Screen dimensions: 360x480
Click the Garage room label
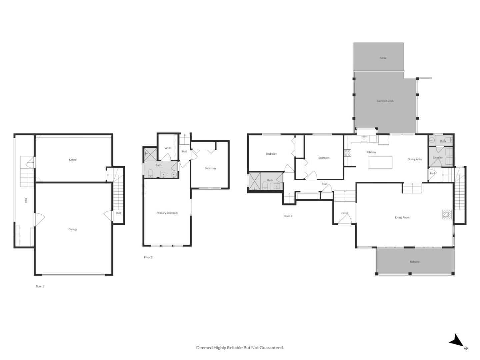tap(73, 229)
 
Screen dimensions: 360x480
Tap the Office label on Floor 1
tap(73, 160)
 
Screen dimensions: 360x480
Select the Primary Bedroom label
tap(167, 213)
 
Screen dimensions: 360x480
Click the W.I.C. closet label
tap(168, 148)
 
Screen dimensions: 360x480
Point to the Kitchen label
tap(371, 152)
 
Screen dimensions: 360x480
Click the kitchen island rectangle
tap(380, 162)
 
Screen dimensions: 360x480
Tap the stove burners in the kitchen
tap(348, 153)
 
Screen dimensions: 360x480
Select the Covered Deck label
tap(385, 101)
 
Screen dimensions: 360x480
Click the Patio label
tap(382, 58)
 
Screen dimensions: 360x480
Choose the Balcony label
tap(415, 262)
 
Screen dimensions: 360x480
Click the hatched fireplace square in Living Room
tap(446, 214)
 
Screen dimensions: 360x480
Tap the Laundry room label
tap(437, 158)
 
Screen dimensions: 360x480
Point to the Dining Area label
tap(414, 160)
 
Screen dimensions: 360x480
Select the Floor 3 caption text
tap(288, 216)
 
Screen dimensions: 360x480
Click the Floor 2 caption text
tap(148, 257)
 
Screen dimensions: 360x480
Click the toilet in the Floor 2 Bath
tap(150, 173)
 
